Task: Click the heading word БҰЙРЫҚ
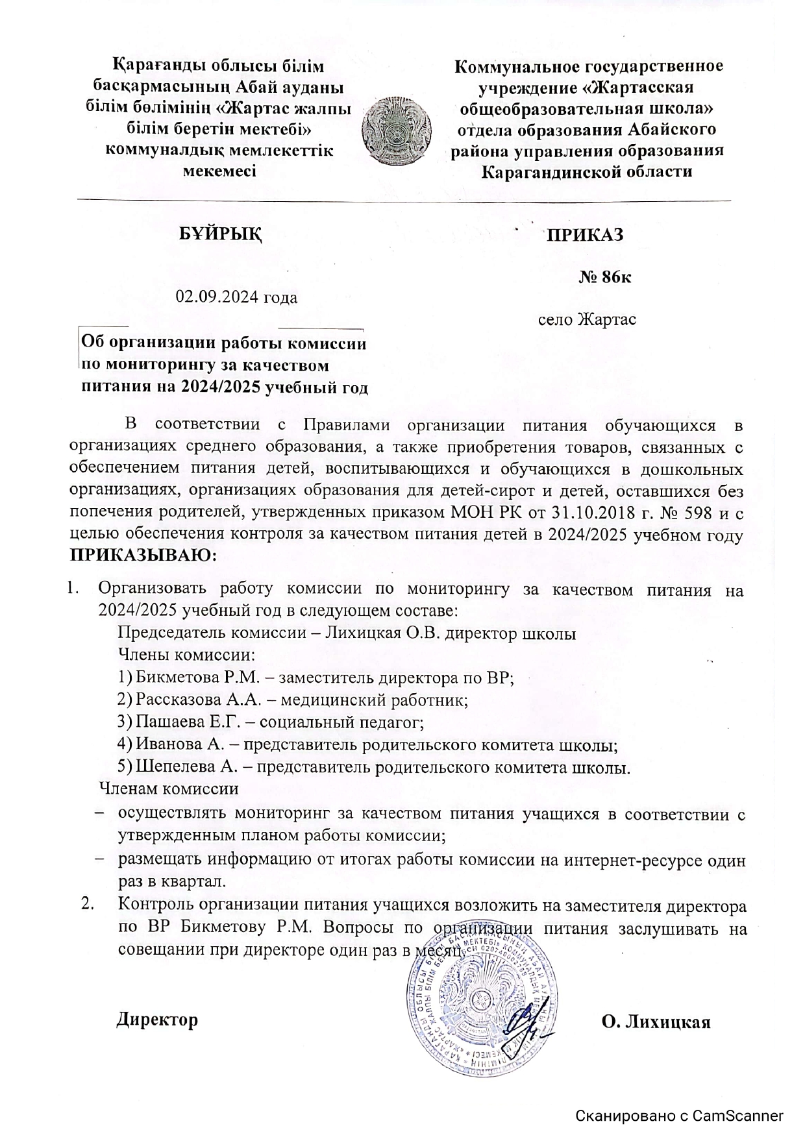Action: coord(221,234)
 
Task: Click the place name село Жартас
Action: coord(588,320)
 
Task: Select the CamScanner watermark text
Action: coord(680,1116)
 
